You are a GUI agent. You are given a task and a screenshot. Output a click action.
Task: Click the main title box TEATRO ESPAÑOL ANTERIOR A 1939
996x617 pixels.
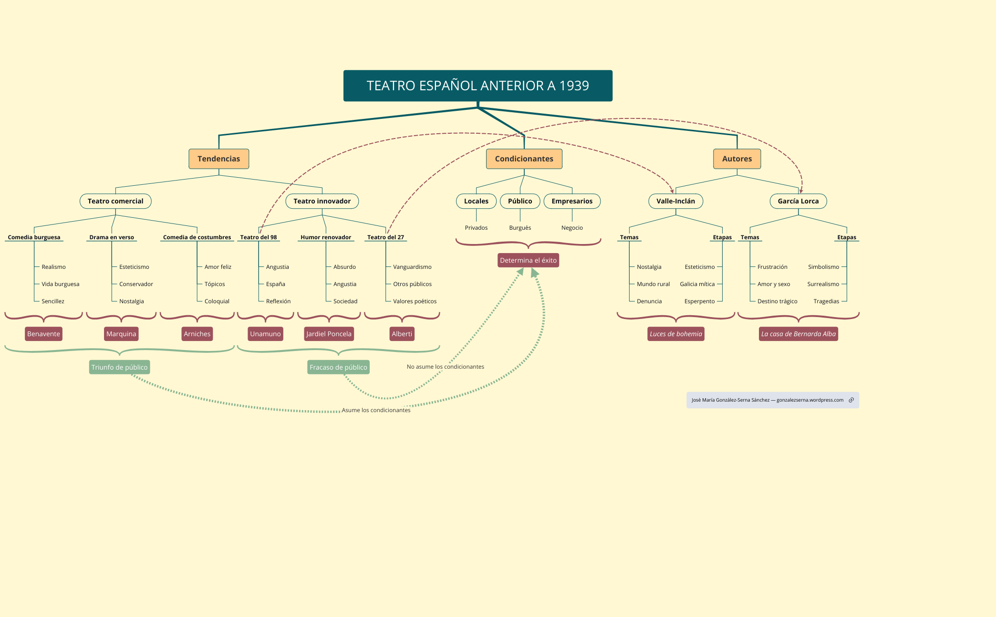coord(477,85)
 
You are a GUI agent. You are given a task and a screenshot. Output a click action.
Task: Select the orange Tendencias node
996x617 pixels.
coord(218,159)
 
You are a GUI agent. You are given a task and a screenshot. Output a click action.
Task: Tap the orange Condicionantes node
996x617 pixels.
coord(524,159)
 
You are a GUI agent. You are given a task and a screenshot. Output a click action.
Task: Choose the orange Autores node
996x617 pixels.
coord(737,159)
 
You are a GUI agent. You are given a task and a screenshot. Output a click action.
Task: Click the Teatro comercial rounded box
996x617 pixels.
coord(115,201)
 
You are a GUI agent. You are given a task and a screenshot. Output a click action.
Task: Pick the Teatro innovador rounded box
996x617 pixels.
coord(322,201)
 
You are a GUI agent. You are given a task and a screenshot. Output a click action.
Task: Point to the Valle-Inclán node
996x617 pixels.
coord(675,201)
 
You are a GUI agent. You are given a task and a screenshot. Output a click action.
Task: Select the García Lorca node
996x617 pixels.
coord(798,201)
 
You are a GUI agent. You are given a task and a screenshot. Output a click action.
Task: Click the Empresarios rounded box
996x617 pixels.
coord(572,201)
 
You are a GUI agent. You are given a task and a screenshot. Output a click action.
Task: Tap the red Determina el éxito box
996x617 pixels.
coord(528,260)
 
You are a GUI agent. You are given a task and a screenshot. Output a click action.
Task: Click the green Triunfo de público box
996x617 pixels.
coord(119,367)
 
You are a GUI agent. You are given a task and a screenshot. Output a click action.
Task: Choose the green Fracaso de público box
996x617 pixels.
coord(338,367)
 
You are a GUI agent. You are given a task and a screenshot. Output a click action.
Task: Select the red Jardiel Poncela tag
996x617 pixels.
coord(329,334)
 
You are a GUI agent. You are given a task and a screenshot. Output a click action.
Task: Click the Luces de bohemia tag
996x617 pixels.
coord(675,334)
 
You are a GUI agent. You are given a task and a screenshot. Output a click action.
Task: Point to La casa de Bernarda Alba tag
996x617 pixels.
coord(798,334)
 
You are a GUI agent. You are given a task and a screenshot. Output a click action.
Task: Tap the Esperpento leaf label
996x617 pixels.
coord(699,301)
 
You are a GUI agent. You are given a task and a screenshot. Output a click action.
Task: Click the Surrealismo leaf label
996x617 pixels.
coord(823,284)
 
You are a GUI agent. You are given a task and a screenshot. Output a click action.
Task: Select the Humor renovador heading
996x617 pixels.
coord(326,237)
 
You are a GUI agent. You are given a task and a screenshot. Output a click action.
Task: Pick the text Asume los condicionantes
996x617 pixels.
coord(376,410)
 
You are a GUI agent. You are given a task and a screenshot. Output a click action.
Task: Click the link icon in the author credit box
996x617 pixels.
coord(851,400)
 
